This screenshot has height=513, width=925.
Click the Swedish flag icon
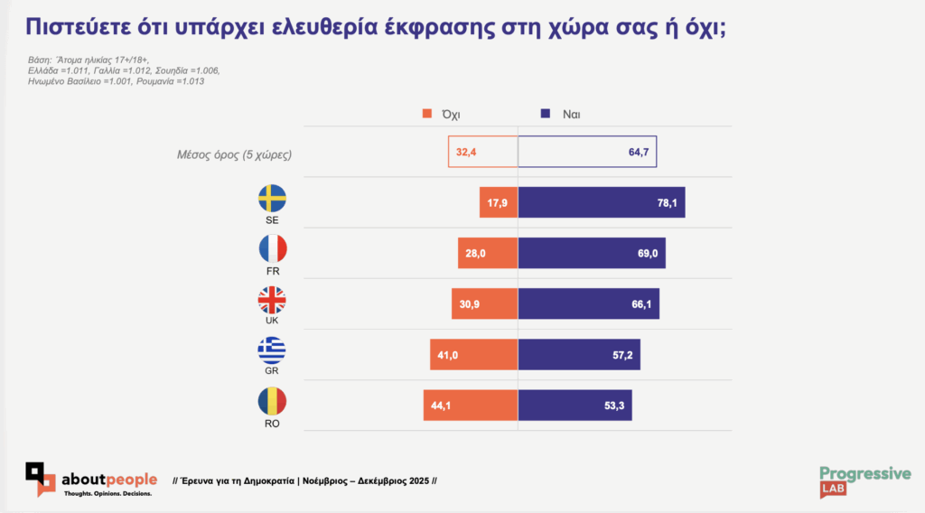[x=272, y=198]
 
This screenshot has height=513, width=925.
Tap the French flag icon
[x=272, y=248]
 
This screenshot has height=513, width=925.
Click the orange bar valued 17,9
[x=499, y=203]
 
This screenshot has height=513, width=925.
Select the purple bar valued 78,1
[x=602, y=203]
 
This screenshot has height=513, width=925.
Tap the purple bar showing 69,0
[x=592, y=254]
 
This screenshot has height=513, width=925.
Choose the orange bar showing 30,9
[x=485, y=304]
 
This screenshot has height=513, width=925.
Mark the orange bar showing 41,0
[x=474, y=355]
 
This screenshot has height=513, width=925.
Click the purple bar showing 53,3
[x=575, y=406]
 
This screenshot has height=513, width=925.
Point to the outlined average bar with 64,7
[x=587, y=153]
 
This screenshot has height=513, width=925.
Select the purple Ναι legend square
[x=546, y=115]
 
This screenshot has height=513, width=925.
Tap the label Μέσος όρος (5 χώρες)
[x=234, y=154]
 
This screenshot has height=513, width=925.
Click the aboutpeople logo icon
[x=41, y=478]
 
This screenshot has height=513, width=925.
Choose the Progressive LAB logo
[x=864, y=480]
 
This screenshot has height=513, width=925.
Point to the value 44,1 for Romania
[x=442, y=406]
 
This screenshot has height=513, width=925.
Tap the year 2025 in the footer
[x=416, y=480]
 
